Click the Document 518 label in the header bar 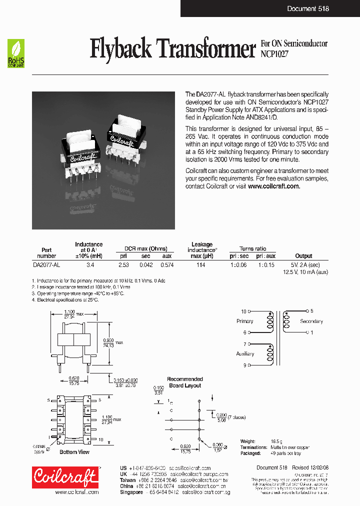click(308, 8)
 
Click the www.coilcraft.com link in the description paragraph click(274, 186)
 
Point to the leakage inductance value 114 click(201, 265)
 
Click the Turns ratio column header click(253, 248)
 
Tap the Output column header click(303, 255)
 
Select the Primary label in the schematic click(244, 321)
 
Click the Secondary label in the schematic click(311, 321)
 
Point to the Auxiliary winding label click(245, 353)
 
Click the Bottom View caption click(75, 452)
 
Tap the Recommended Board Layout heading click(185, 382)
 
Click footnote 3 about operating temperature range click(77, 293)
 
